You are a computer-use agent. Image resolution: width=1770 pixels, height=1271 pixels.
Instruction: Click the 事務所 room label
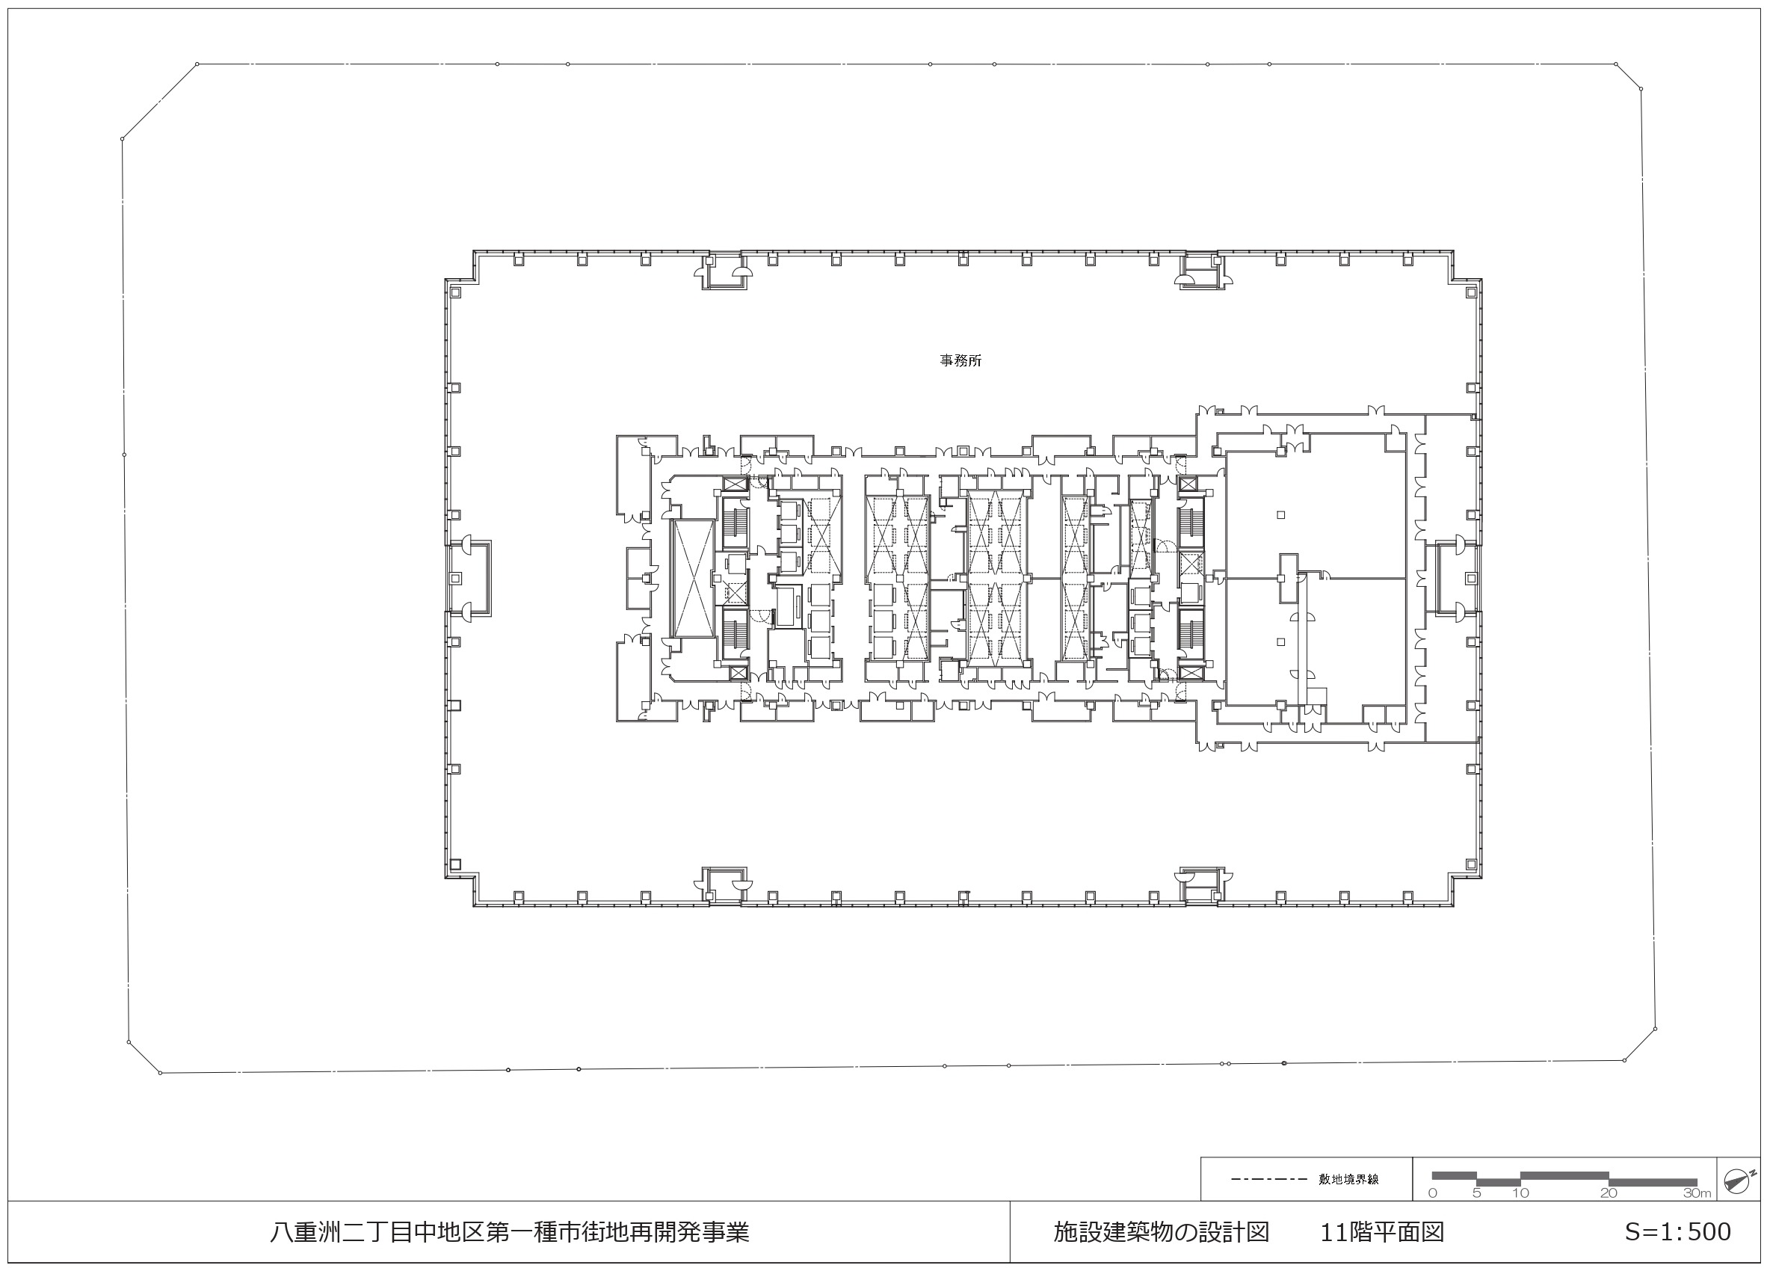click(x=960, y=360)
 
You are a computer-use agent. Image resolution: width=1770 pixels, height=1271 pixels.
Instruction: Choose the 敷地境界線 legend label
click(x=1348, y=1179)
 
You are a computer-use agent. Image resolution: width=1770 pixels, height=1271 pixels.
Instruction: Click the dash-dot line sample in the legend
click(x=1269, y=1179)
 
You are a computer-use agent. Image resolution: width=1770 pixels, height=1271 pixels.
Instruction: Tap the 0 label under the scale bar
click(x=1432, y=1193)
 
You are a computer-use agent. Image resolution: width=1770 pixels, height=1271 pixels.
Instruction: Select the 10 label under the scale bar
click(x=1520, y=1193)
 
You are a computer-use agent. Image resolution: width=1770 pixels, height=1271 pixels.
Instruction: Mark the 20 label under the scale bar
click(x=1609, y=1193)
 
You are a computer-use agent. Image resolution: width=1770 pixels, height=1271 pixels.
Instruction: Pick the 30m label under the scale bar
click(x=1697, y=1193)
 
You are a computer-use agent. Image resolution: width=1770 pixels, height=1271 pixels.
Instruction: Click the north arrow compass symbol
click(x=1738, y=1182)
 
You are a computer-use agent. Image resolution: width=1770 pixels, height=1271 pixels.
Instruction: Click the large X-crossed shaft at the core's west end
click(x=693, y=578)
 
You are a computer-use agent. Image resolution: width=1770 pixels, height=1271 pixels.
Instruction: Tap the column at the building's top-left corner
click(x=456, y=292)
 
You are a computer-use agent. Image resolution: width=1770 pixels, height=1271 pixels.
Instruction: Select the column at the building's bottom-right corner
click(x=1471, y=864)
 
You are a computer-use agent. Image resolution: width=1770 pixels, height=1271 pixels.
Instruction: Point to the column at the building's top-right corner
click(x=1471, y=292)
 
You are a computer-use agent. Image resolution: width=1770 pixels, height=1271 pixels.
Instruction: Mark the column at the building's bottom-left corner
click(x=456, y=864)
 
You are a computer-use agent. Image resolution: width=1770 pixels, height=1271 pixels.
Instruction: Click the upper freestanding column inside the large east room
click(x=1280, y=514)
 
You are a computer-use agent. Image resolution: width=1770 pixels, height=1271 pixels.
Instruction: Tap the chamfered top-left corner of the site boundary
click(x=159, y=102)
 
